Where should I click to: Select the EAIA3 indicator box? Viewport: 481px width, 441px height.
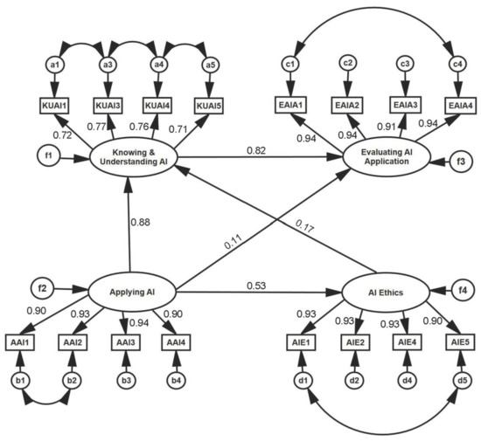405,104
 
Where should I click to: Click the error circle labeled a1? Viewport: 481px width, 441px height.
54,65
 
